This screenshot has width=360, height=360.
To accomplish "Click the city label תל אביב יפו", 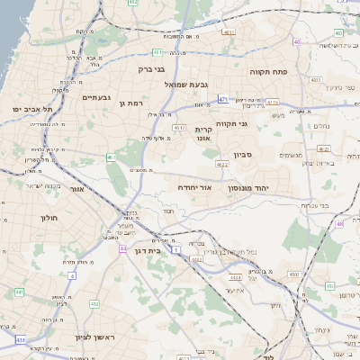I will tap(32, 109).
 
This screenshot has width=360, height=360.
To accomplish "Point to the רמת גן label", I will tap(132, 103).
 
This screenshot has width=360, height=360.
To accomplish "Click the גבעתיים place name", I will tap(96, 96).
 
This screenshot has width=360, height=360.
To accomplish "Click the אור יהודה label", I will tap(194, 187).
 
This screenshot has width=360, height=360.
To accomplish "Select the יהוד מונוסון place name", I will tap(262, 186).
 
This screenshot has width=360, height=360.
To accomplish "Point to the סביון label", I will tap(243, 156).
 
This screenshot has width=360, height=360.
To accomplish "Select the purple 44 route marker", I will tap(122, 247).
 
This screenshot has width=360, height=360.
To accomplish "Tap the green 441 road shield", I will tap(20, 292).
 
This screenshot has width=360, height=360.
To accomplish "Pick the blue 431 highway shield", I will tap(20, 339).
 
